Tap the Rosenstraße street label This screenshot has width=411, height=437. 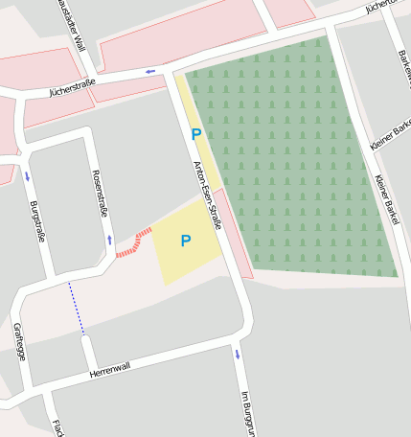point(98,192)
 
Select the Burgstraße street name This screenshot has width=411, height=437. point(37,221)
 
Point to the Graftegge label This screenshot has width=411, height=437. point(20,341)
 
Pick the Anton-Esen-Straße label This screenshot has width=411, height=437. point(208,195)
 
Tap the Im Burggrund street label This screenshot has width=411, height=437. point(245,412)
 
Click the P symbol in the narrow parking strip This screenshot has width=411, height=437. point(196,135)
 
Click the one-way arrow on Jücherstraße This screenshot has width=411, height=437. point(150,71)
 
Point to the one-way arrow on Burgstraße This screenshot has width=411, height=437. point(27,176)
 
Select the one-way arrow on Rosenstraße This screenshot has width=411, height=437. point(109,240)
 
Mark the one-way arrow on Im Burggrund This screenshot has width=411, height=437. point(237,355)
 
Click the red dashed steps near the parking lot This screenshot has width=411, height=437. point(133,242)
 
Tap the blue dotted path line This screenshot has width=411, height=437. point(76,309)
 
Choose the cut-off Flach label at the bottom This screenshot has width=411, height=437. point(57,427)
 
